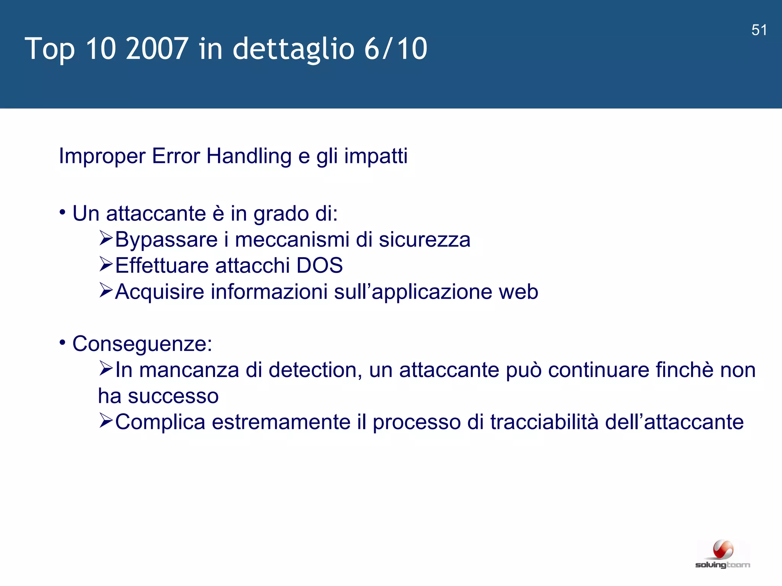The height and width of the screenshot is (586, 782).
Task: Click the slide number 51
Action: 759,30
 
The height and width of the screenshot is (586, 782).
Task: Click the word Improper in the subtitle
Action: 102,156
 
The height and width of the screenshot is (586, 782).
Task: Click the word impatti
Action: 376,156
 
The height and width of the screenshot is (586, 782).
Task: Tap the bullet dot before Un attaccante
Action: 63,211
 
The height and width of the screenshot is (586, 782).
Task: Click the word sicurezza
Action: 424,240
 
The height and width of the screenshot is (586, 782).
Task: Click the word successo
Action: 173,396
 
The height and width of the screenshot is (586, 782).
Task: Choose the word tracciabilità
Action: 544,422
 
